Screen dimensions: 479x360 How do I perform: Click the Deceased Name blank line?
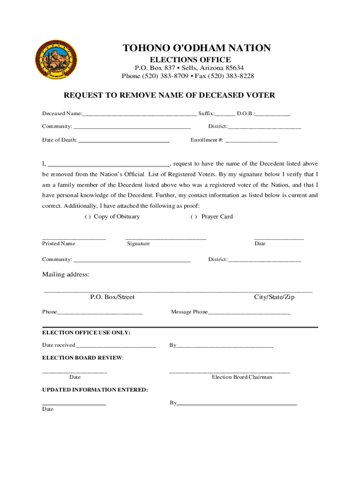tap(139, 114)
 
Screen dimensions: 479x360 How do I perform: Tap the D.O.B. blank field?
tap(273, 114)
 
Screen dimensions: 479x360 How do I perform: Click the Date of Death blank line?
tap(124, 140)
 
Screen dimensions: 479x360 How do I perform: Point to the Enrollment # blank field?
tap(252, 140)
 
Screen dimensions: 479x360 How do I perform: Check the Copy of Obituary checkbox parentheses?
tap(87, 217)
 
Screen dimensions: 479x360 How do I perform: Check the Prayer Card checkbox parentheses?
tap(193, 217)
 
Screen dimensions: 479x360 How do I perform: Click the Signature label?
tap(138, 244)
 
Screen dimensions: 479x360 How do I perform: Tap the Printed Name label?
tap(58, 244)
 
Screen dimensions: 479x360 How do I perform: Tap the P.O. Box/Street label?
tap(112, 297)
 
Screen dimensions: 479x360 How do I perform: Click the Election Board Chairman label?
tap(242, 377)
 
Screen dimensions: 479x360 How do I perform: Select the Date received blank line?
tap(115, 346)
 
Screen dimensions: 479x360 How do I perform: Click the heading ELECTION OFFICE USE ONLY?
tap(86, 333)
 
